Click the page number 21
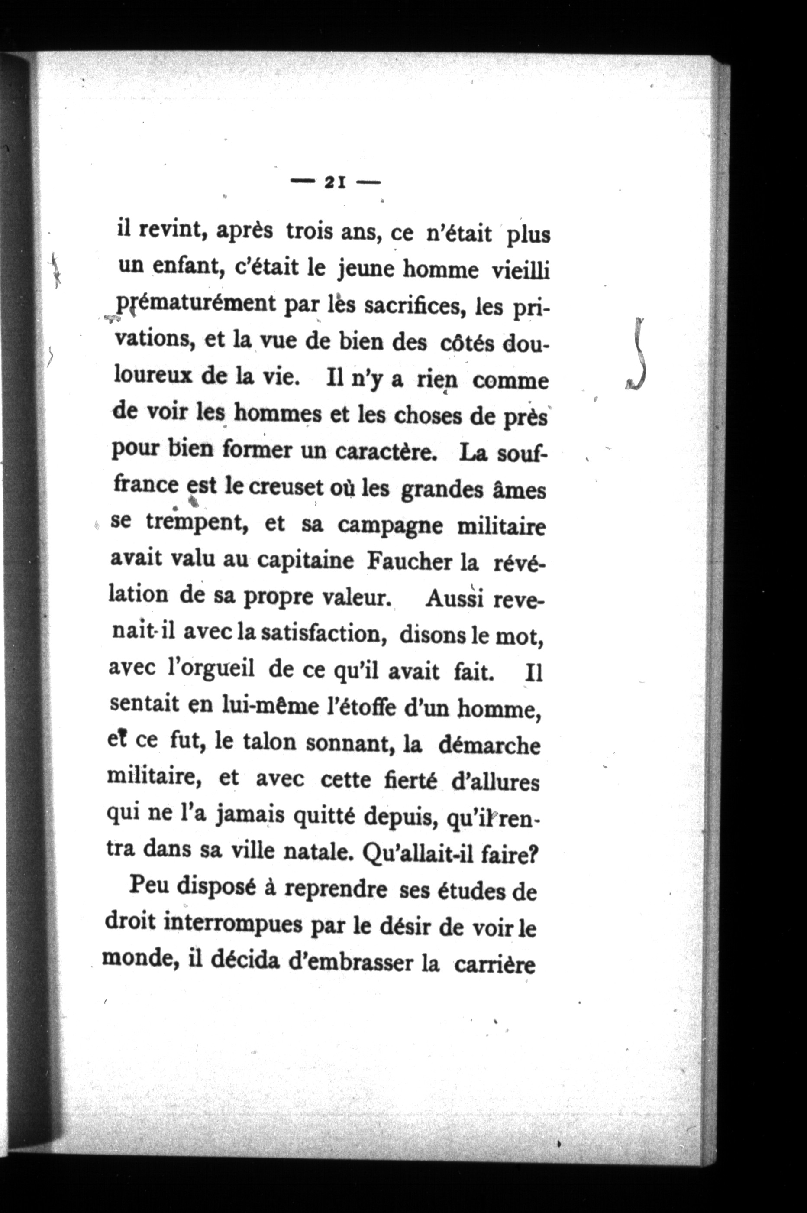tap(335, 182)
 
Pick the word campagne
tap(387, 526)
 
